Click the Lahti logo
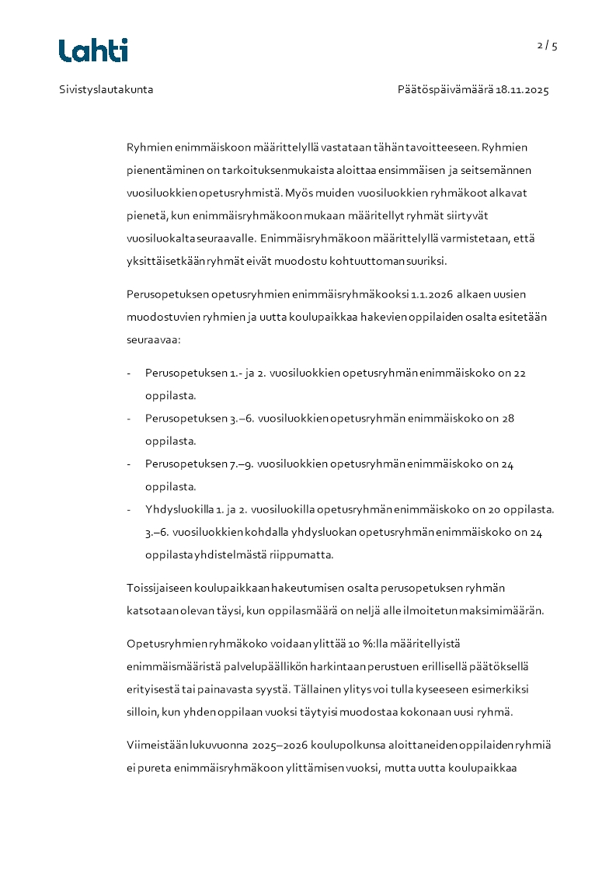[93, 50]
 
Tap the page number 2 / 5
[547, 45]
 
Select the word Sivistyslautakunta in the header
[106, 89]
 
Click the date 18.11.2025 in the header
[523, 89]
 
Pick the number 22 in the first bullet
[520, 373]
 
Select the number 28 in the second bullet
[508, 418]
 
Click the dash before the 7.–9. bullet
[129, 464]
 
